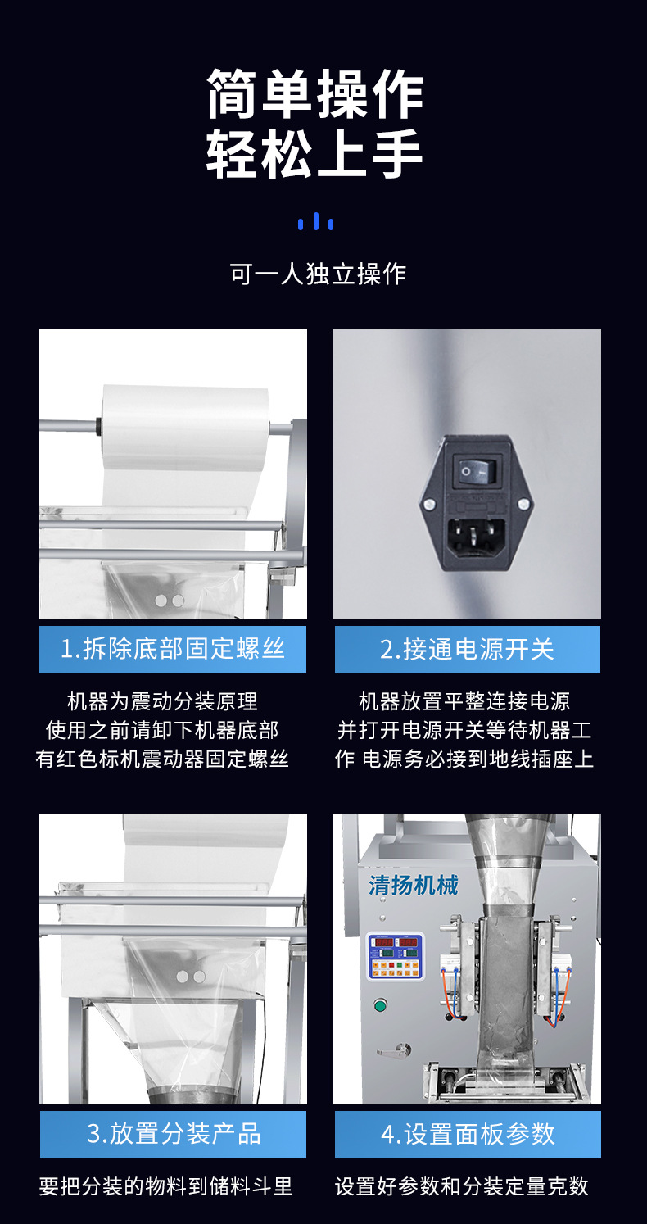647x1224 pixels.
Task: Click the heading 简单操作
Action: (314, 93)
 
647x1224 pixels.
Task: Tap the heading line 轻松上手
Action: (314, 153)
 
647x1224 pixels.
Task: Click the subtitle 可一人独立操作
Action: (318, 274)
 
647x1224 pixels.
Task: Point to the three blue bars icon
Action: (316, 221)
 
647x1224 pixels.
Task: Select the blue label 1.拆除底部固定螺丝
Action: (173, 649)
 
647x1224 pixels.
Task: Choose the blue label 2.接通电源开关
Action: (467, 649)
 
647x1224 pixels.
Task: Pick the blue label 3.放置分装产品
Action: (173, 1134)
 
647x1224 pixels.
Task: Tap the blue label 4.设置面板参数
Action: (468, 1134)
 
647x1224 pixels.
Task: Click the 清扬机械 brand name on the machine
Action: (413, 885)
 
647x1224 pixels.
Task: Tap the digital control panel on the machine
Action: (395, 956)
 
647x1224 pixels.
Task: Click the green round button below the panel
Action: (380, 1005)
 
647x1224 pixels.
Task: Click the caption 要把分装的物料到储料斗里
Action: (165, 1185)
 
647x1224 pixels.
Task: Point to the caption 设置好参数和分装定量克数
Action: (462, 1185)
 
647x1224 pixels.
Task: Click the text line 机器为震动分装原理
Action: (162, 701)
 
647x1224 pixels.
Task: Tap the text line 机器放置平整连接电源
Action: (464, 701)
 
